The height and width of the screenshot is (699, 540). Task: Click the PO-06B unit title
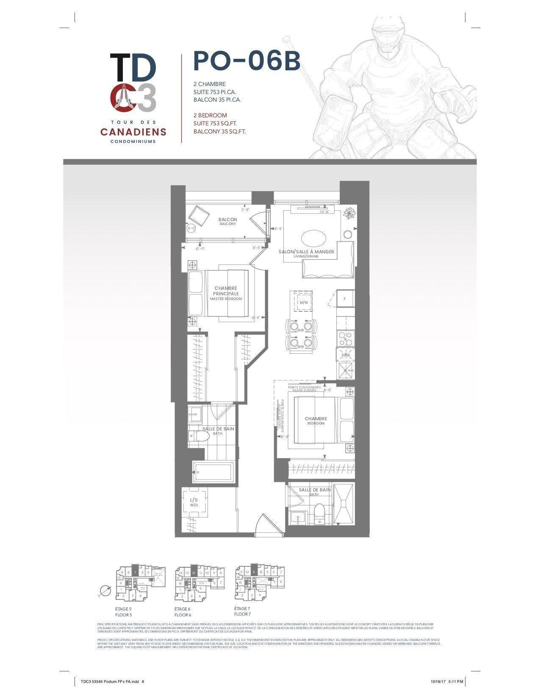coord(246,61)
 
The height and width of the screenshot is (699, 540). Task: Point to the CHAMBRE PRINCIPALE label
coord(226,291)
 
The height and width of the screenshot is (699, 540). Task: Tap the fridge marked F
coord(345,299)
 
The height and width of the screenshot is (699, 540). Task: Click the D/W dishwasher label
coord(345,355)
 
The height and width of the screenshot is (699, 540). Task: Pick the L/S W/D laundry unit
coord(194,502)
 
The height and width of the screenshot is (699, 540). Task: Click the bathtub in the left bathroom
coord(213,472)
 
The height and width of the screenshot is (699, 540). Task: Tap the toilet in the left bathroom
coord(197,436)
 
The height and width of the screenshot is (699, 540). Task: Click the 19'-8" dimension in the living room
coord(324,212)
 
